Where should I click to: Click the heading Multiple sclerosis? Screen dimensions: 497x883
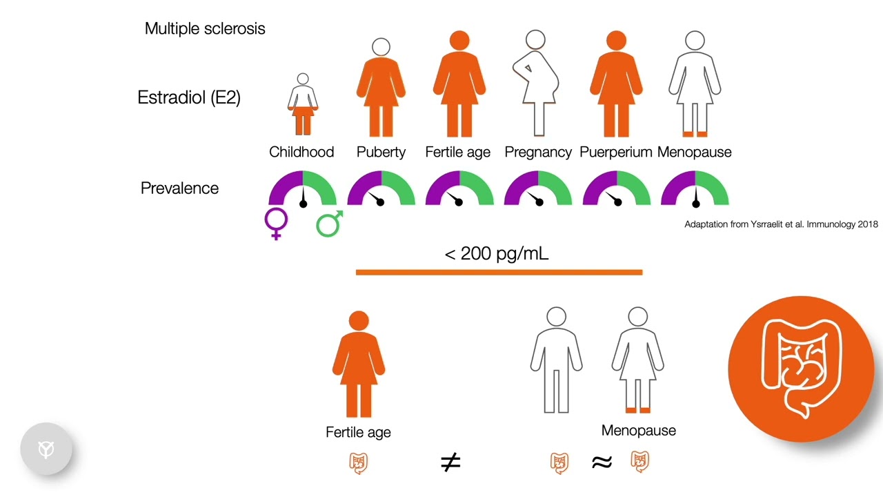(205, 28)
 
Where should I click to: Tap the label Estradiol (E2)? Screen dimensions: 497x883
(189, 97)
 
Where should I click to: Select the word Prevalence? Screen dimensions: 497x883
(179, 188)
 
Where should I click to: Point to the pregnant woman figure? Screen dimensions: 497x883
(535, 83)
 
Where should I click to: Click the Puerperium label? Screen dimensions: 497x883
(616, 152)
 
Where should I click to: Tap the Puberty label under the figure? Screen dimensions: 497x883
(381, 152)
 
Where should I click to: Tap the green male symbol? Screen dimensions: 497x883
(329, 224)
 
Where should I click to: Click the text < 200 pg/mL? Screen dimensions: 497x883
(497, 253)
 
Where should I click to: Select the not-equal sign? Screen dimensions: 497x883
(450, 462)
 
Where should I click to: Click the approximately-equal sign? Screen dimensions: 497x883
(602, 462)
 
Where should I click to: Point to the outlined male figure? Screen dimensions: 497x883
(556, 360)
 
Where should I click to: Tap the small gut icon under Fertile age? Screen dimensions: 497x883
(358, 462)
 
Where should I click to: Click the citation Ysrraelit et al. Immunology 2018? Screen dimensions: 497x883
(781, 224)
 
